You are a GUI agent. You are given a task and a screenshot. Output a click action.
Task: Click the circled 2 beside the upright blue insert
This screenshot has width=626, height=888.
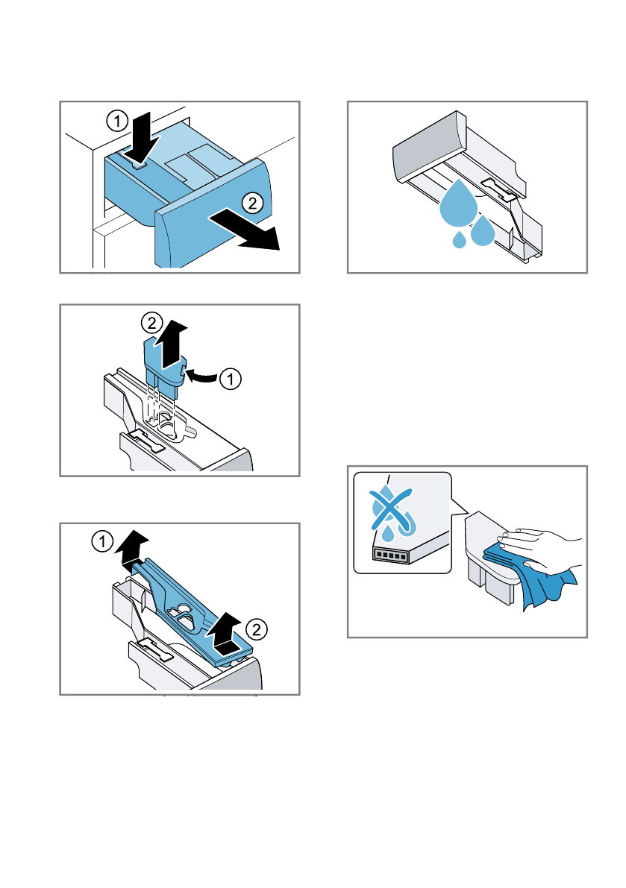pos(151,323)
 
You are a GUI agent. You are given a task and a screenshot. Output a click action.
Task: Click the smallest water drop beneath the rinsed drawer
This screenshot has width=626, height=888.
pos(459,239)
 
